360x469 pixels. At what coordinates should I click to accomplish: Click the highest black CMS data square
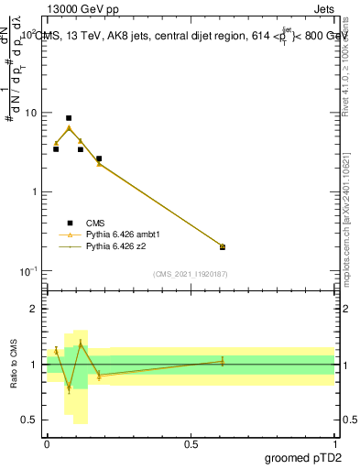(69, 118)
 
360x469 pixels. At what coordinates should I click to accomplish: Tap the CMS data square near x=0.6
(223, 246)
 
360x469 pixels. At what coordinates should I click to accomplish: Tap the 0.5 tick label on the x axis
(191, 442)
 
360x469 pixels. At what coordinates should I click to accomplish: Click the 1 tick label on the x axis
(334, 442)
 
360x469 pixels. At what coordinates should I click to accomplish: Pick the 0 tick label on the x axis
(47, 442)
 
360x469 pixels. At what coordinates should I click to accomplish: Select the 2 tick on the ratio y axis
(34, 309)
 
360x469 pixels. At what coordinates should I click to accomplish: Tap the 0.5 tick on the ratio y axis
(30, 420)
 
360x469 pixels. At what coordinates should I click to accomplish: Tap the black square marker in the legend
(70, 223)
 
